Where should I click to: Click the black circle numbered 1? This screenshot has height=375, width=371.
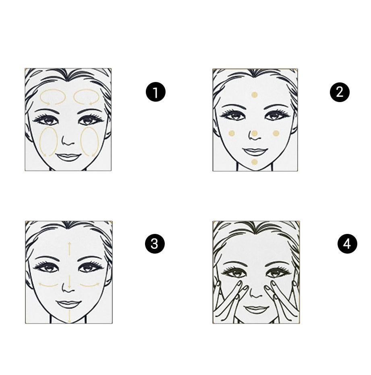point(155,92)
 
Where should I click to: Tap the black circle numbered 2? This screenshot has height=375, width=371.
point(340,92)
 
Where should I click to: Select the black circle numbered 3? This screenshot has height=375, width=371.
point(155,244)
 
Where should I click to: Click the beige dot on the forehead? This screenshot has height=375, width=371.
point(254,95)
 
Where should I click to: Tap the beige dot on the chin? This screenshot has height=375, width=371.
point(254,162)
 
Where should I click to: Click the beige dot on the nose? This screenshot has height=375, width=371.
point(254,133)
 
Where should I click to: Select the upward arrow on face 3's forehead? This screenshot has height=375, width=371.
point(70,249)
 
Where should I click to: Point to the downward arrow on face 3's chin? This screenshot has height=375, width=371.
point(70,316)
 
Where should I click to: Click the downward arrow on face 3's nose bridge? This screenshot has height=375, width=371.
point(70,282)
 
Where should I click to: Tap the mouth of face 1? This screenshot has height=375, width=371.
point(68,157)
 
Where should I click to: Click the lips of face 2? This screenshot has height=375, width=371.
point(255,152)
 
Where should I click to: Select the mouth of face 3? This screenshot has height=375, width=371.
point(68,304)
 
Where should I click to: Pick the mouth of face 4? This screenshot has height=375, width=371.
point(256,309)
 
